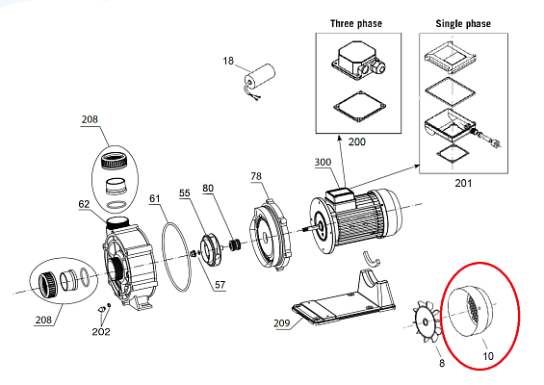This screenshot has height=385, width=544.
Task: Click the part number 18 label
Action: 228,61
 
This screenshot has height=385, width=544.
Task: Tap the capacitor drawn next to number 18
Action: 260,78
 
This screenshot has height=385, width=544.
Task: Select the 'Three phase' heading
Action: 356,24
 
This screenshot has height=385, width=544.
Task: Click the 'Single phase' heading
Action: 463,24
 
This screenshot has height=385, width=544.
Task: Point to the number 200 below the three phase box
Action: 356,141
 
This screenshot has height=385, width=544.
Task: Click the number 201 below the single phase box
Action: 463,183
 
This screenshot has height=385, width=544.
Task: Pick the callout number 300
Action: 323,162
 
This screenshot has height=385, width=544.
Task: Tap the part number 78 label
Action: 256,176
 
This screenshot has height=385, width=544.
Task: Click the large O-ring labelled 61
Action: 176,257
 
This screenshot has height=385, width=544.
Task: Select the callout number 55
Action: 185,192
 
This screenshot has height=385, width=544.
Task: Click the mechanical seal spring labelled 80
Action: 235,244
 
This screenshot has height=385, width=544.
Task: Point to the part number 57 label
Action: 220,285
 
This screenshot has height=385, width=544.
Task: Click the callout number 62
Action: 84,204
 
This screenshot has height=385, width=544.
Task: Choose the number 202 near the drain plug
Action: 101,332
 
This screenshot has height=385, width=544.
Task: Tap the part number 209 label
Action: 281,322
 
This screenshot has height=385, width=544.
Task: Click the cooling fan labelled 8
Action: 426,321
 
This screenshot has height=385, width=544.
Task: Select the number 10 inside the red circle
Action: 488,356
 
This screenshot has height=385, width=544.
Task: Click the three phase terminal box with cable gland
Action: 358,61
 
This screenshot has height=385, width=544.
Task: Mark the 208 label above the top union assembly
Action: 90,119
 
